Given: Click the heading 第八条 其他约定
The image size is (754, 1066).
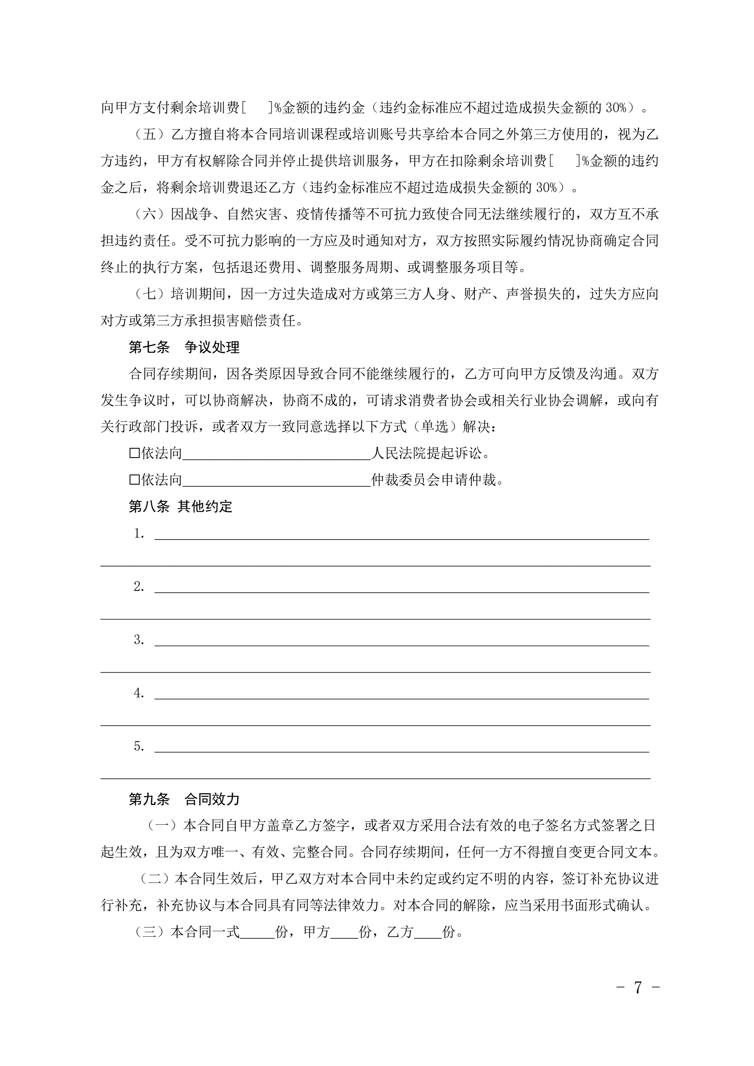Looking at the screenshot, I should tap(180, 506).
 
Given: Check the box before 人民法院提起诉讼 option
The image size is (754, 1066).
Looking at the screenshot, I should tap(134, 453).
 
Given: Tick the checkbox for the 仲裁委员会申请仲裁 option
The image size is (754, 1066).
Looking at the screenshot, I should tap(134, 480).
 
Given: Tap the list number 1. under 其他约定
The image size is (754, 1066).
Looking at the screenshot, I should tap(139, 534).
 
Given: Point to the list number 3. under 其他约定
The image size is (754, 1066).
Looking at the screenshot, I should tap(139, 640).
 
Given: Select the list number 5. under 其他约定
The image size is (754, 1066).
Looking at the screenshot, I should tap(139, 746).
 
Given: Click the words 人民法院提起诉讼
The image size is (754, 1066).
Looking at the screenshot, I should tap(427, 453).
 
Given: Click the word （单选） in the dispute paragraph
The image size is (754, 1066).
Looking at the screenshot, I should tap(435, 427).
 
